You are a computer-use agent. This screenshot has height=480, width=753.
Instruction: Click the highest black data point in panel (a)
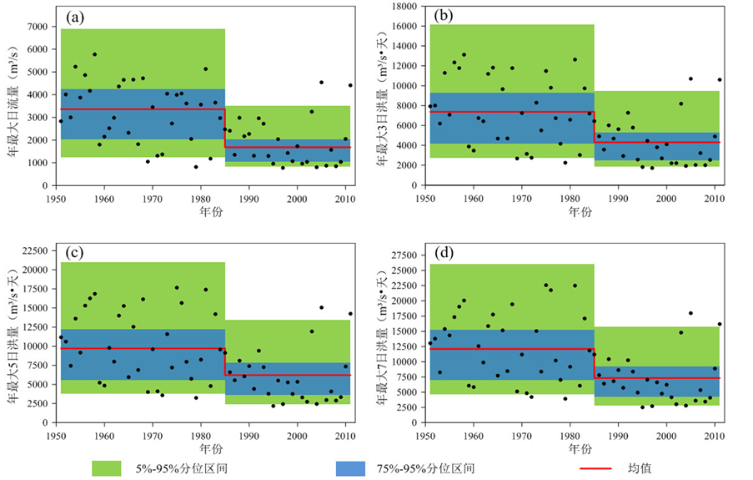click(x=94, y=54)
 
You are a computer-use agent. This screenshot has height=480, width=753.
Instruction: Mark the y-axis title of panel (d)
click(x=380, y=334)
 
